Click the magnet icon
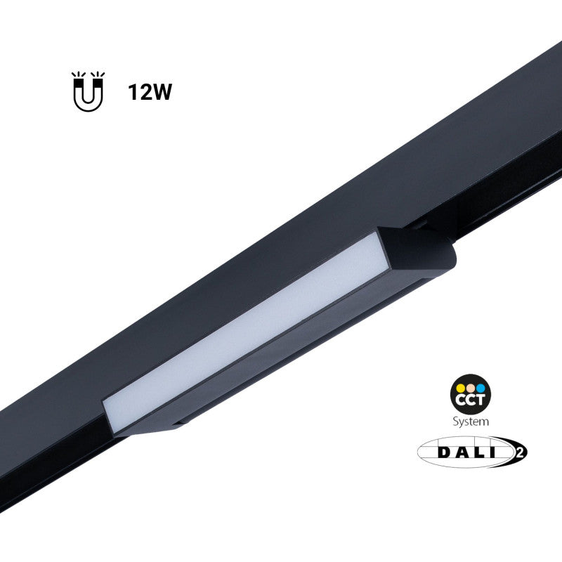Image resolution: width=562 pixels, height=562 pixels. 88,93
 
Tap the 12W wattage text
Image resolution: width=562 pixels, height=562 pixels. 150,93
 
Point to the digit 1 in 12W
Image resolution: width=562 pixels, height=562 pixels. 132,93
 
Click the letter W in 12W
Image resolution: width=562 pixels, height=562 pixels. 162,93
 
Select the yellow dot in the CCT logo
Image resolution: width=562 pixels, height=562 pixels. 460,387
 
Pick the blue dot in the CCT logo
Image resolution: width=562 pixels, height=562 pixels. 480,387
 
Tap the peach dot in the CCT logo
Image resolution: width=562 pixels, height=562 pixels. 470,387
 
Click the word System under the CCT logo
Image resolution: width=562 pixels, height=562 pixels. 470,421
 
